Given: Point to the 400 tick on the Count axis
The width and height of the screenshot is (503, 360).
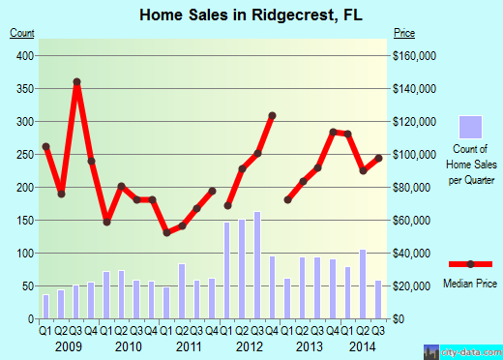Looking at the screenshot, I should pyautogui.click(x=23, y=55).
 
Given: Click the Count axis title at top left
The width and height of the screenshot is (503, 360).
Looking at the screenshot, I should pyautogui.click(x=23, y=33).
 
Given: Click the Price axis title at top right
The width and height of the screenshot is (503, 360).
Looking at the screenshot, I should pyautogui.click(x=405, y=33).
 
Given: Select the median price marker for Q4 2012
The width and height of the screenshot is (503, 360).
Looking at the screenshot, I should pyautogui.click(x=273, y=116).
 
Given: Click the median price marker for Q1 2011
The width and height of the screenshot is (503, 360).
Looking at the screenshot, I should pyautogui.click(x=166, y=232).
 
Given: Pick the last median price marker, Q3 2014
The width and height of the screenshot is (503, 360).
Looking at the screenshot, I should pyautogui.click(x=379, y=158).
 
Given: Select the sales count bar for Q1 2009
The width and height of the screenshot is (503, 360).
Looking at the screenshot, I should pyautogui.click(x=45, y=306).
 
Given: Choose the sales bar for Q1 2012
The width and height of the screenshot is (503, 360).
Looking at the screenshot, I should pyautogui.click(x=227, y=270).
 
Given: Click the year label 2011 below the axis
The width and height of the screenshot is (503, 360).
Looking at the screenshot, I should pyautogui.click(x=189, y=345).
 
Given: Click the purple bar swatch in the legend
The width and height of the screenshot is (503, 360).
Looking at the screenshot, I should pyautogui.click(x=470, y=127).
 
